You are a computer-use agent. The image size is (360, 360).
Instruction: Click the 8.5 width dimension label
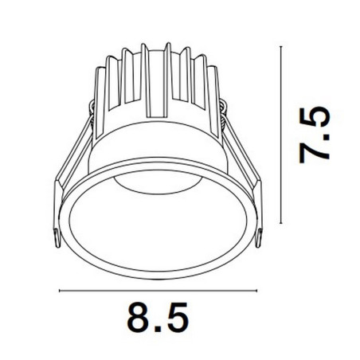tap(158, 317)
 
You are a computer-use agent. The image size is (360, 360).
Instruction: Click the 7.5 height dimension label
tap(315, 135)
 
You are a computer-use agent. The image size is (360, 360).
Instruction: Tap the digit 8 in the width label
tap(138, 317)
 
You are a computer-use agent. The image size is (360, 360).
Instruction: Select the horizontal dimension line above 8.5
tap(158, 291)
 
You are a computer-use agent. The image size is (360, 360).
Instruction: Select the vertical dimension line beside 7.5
tap(281, 135)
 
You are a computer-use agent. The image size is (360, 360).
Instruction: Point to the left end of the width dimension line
tap(59, 291)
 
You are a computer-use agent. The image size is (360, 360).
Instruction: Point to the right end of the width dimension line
tap(257, 291)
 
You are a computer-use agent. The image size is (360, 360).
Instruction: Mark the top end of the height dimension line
tap(281, 46)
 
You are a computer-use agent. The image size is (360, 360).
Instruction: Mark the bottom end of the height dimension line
tap(281, 224)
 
